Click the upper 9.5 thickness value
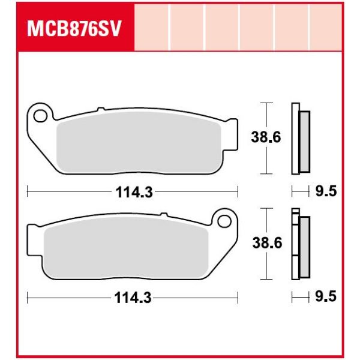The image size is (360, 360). pos(326,192)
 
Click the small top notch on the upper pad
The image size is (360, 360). pos(100,109)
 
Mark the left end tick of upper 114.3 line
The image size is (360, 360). pos(28,192)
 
